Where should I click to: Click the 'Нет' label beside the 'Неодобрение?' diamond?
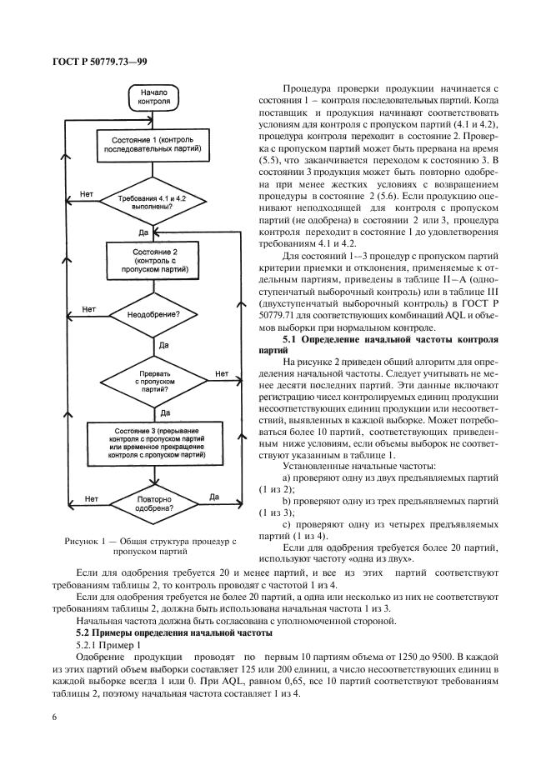[88, 309]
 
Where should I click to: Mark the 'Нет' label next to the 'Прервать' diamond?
[221, 374]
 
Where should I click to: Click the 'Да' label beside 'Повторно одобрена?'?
[214, 497]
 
